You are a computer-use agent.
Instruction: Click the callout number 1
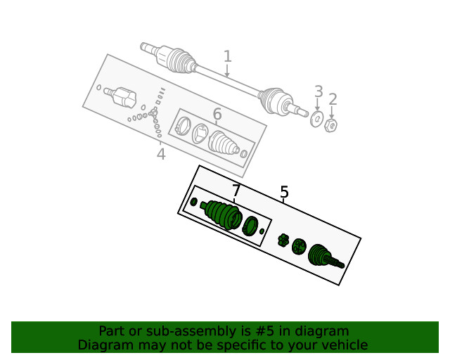pyautogui.click(x=227, y=56)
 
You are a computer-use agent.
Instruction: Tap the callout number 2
pyautogui.click(x=333, y=99)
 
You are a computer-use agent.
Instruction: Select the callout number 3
pyautogui.click(x=319, y=91)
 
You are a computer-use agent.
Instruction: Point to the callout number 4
pyautogui.click(x=161, y=154)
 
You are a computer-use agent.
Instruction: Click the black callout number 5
pyautogui.click(x=284, y=192)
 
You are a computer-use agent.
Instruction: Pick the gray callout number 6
pyautogui.click(x=217, y=114)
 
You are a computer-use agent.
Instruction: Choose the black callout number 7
pyautogui.click(x=236, y=190)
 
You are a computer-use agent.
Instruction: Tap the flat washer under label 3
pyautogui.click(x=316, y=120)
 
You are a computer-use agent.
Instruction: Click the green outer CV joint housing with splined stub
pyautogui.click(x=323, y=256)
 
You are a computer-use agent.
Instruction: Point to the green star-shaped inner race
pyautogui.click(x=283, y=240)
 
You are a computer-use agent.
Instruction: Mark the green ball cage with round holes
pyautogui.click(x=299, y=246)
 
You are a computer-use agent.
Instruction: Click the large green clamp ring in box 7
pyautogui.click(x=249, y=226)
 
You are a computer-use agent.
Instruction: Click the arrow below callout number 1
pyautogui.click(x=227, y=71)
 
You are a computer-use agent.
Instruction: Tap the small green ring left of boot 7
pyautogui.click(x=194, y=202)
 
